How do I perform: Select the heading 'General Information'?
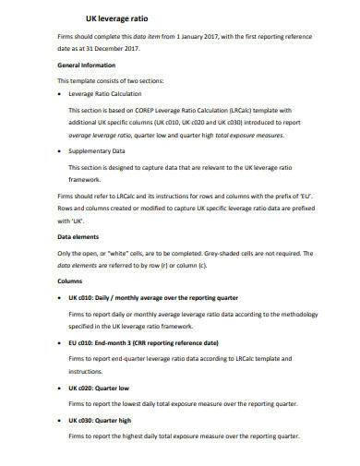tap(87, 66)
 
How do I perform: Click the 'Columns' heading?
tap(70, 280)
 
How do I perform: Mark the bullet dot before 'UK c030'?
tap(60, 421)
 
